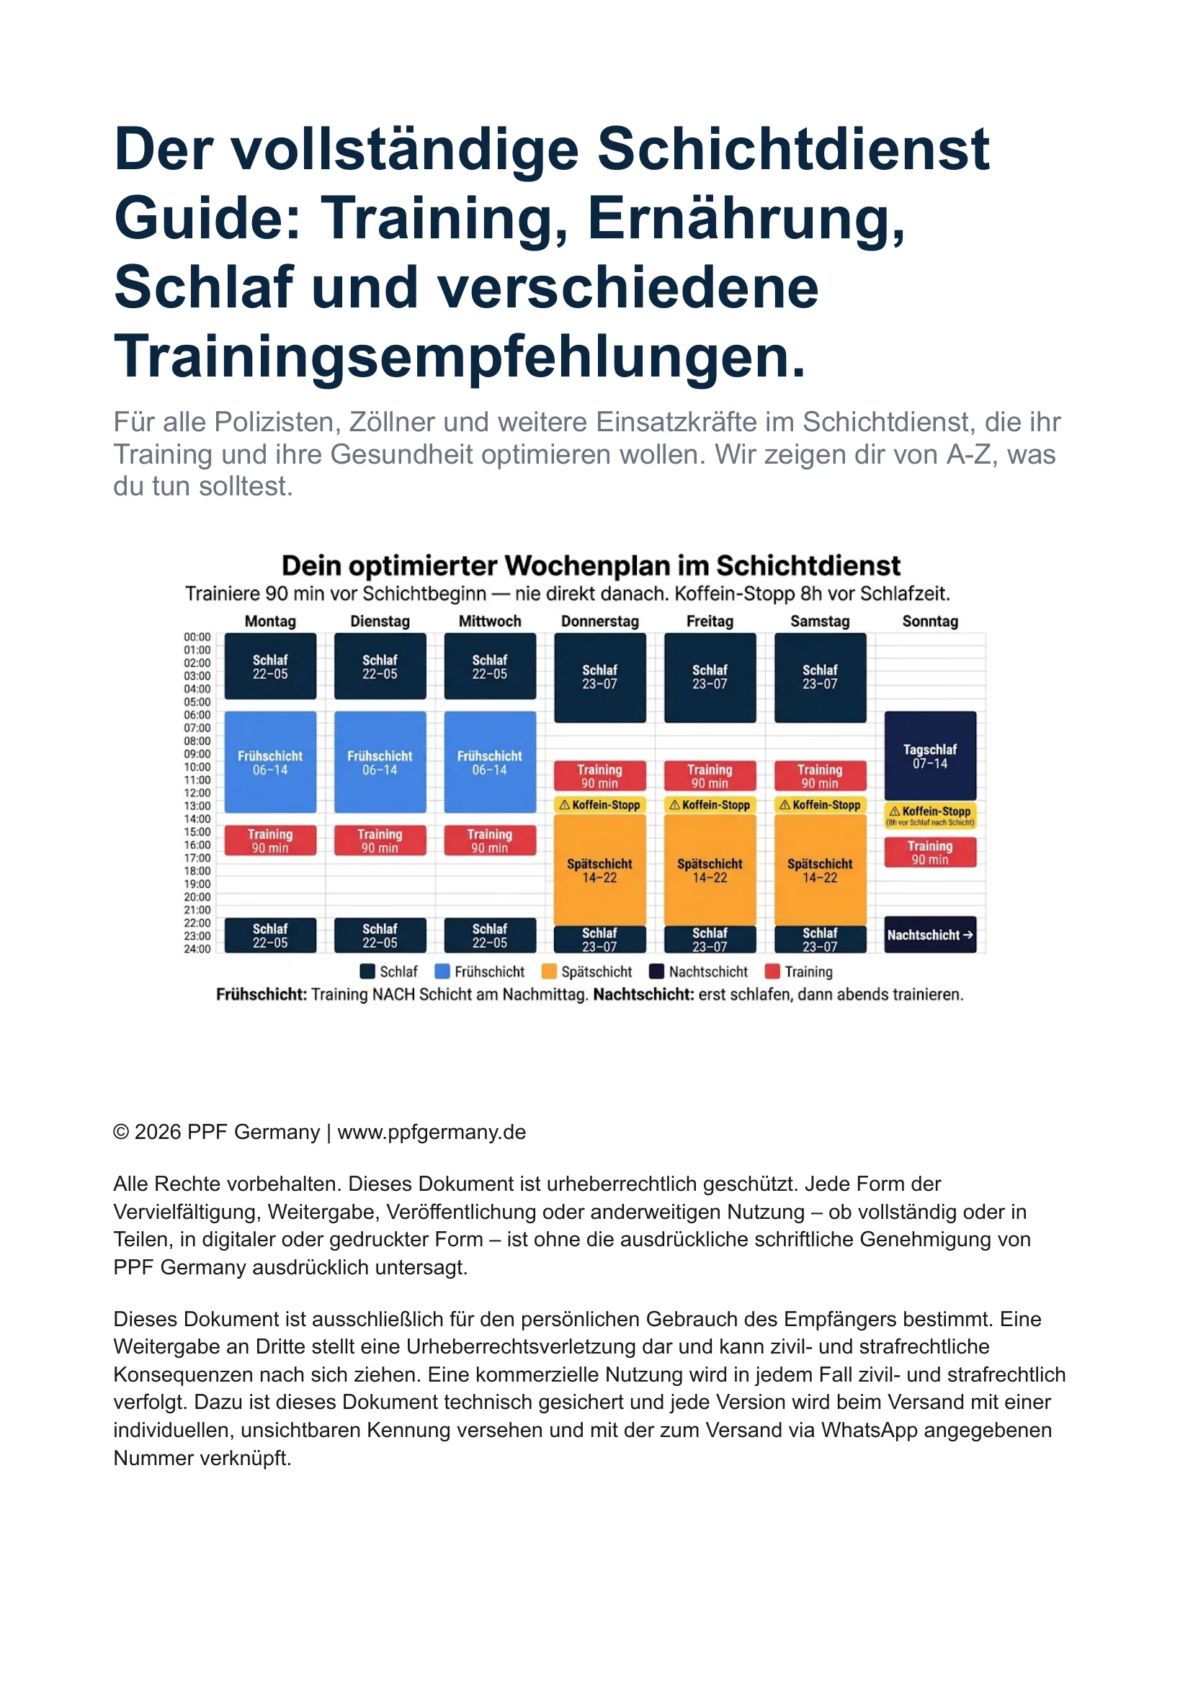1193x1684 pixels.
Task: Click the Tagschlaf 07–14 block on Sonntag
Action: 930,755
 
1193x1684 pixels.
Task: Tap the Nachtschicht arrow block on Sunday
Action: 930,935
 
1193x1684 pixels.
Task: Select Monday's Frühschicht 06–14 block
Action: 270,762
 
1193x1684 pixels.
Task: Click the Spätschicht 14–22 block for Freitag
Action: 710,870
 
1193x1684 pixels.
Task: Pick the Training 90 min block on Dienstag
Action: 380,840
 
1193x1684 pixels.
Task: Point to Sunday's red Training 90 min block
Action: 930,852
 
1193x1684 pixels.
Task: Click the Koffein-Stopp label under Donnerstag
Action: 600,804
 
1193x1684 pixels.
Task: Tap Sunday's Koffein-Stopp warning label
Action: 930,815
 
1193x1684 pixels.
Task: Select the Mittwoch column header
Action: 490,621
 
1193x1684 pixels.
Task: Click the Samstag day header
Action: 820,621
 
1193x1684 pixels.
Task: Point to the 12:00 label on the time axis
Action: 197,793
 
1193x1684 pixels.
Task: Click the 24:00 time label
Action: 197,948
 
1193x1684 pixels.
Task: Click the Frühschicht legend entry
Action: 481,971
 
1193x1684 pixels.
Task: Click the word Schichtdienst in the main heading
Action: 793,150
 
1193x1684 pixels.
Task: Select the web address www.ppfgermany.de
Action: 432,1132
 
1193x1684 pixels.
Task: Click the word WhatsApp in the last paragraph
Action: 867,1430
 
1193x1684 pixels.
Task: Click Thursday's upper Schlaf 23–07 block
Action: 600,677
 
